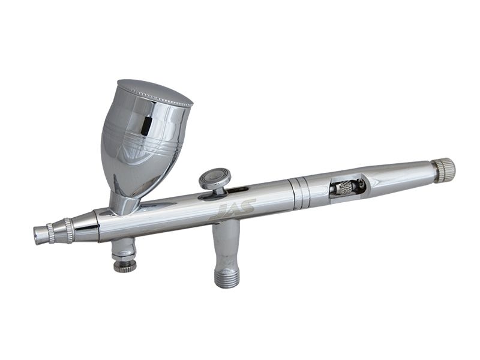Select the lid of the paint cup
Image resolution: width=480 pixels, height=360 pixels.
(155, 92)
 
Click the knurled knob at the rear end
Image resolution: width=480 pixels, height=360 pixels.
(444, 170)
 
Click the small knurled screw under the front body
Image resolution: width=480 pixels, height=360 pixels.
(125, 266)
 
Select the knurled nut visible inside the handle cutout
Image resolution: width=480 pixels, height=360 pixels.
(342, 187)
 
